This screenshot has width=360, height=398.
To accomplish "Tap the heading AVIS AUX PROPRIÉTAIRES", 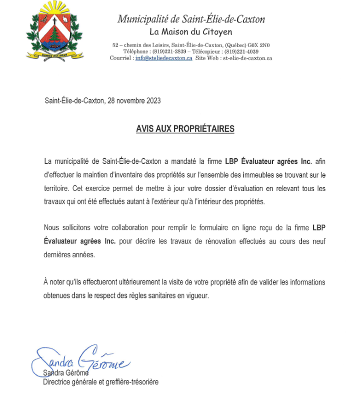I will pyautogui.click(x=185, y=129).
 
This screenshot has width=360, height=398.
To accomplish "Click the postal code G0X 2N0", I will pyautogui.click(x=257, y=46).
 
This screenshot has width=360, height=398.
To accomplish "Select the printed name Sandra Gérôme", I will pyautogui.click(x=66, y=373).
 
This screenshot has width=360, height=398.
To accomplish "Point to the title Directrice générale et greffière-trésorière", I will pyautogui.click(x=101, y=382).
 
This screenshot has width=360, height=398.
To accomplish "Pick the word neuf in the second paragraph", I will pyautogui.click(x=319, y=241).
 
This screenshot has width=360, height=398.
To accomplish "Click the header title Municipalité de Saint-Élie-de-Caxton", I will pyautogui.click(x=191, y=19).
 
